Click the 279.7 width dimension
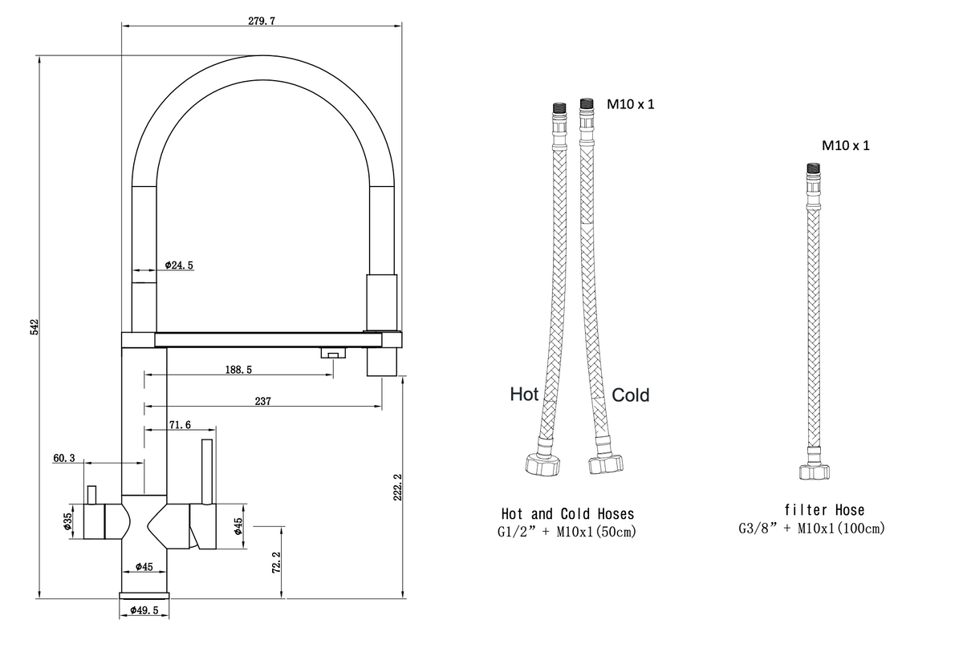click(x=262, y=21)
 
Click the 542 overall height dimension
click(x=34, y=327)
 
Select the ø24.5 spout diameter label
click(x=179, y=265)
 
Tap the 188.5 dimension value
click(x=238, y=370)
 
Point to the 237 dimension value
click(x=262, y=401)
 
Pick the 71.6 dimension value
click(x=180, y=424)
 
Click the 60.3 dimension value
click(x=63, y=458)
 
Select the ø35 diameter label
click(x=67, y=520)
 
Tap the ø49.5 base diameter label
click(x=144, y=610)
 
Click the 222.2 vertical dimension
click(x=397, y=487)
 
